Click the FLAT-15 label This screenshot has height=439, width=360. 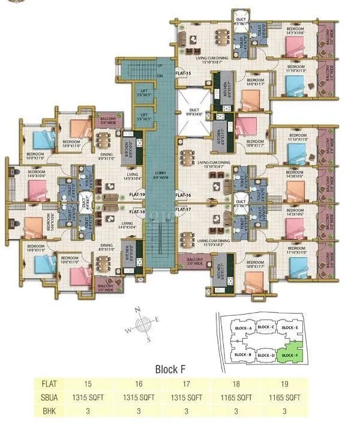[x=183, y=73]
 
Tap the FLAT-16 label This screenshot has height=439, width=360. [x=183, y=195]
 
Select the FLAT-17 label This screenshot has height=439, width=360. [x=183, y=209]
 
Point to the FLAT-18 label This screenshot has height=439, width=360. [x=138, y=212]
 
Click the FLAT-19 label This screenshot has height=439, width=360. [x=138, y=195]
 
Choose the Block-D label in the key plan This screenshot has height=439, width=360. [x=265, y=356]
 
